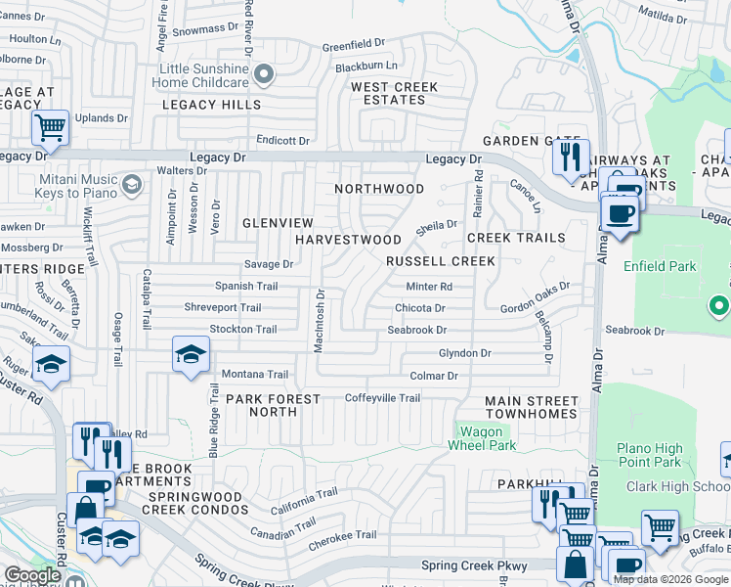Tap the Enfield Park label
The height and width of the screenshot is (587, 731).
[x=670, y=265]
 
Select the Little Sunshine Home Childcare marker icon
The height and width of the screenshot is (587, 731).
[x=262, y=74]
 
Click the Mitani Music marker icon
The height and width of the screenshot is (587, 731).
[x=131, y=181]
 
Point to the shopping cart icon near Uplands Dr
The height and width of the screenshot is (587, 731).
[x=50, y=127]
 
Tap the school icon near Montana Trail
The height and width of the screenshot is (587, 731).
[x=192, y=354]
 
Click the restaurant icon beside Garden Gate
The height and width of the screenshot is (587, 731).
[x=570, y=156]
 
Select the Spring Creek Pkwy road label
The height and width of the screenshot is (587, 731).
[x=474, y=565]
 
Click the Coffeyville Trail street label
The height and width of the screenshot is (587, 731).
[x=383, y=398]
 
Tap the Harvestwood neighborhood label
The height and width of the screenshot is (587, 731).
[x=348, y=240]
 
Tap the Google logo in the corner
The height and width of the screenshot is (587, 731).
[x=32, y=575]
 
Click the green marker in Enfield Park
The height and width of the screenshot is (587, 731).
[x=720, y=306]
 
